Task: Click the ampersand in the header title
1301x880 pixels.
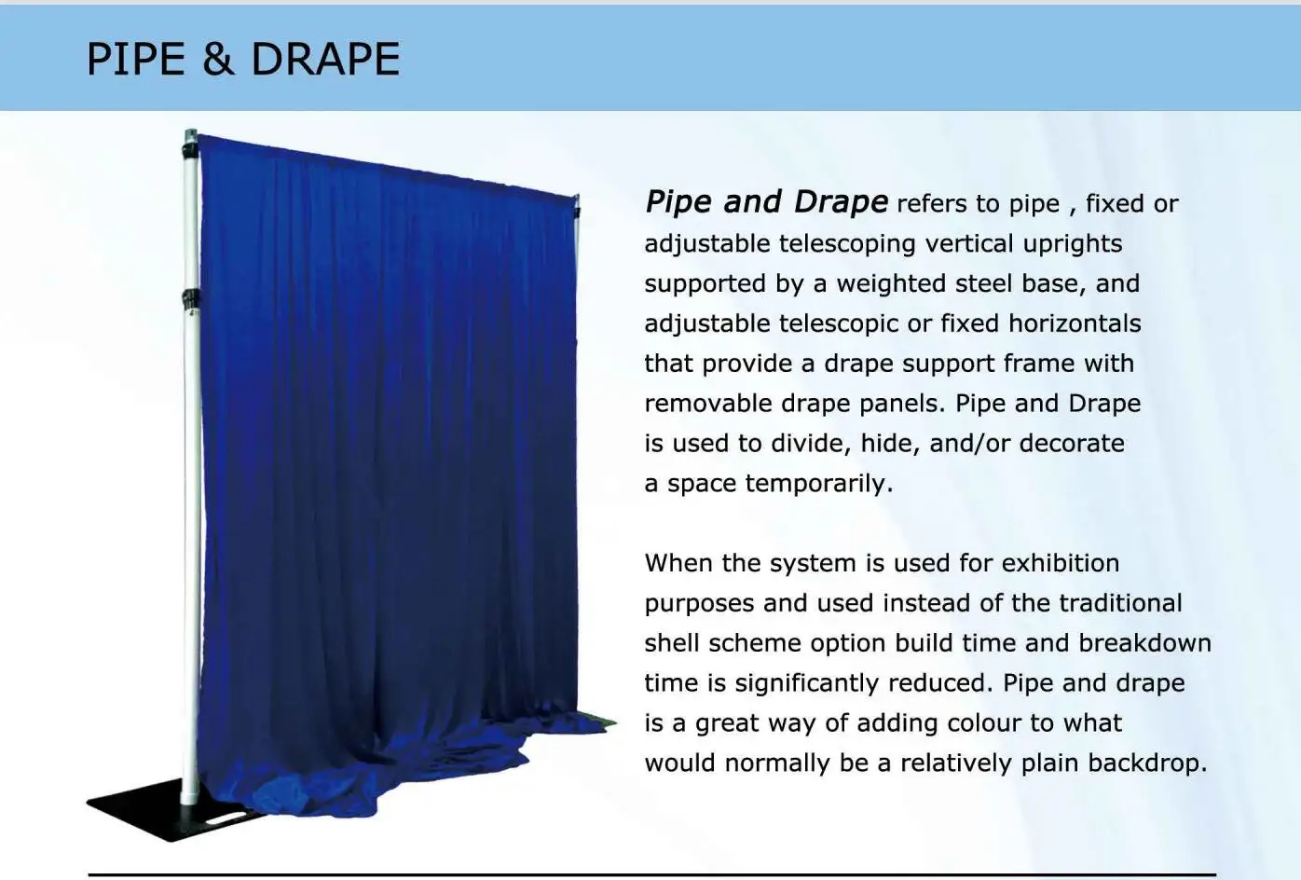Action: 217,60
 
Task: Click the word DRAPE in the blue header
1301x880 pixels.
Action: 325,60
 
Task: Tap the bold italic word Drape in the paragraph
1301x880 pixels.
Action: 841,202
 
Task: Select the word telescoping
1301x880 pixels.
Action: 848,244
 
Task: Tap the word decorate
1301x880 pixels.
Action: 1072,443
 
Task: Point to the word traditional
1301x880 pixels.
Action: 1118,603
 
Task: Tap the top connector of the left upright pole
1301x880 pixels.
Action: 191,144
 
